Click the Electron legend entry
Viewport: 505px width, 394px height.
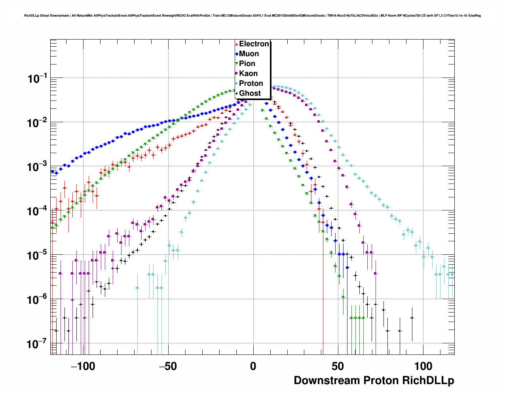pos(254,44)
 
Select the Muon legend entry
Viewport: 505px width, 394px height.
pos(249,54)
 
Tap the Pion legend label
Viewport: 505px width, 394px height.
pos(247,64)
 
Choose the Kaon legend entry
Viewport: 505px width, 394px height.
pos(248,74)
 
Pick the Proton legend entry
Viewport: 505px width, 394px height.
pos(251,83)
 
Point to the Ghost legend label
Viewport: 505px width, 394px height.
pos(250,93)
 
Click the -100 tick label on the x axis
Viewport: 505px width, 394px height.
pos(83,366)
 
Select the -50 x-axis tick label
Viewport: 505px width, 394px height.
pos(168,366)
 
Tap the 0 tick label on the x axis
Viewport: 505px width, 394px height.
pos(253,366)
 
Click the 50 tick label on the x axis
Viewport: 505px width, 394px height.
pos(338,366)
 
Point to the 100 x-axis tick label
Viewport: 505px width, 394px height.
pos(423,366)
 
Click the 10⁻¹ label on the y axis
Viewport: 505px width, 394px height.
pos(37,79)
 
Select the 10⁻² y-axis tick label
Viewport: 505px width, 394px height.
pos(37,123)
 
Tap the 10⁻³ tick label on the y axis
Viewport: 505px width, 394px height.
pos(37,167)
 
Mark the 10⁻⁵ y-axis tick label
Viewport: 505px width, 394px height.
pos(37,255)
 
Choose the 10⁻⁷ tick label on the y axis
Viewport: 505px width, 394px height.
pos(37,344)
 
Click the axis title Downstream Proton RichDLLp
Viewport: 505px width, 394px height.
pos(374,381)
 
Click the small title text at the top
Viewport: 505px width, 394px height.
pos(252,15)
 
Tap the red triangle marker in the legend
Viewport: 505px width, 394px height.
pos(237,44)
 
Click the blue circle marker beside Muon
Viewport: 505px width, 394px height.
pos(237,54)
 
